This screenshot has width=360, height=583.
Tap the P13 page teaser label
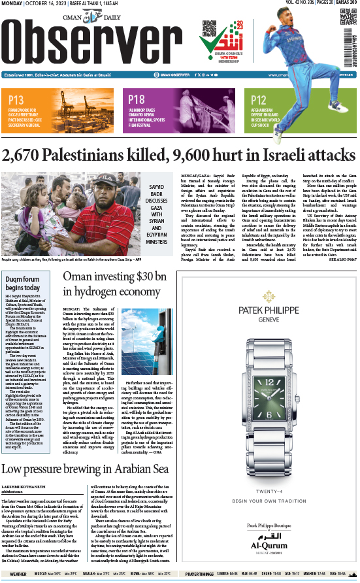coord(17,100)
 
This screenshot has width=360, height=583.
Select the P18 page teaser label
coord(137,100)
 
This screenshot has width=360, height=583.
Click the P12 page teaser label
coord(259,100)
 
